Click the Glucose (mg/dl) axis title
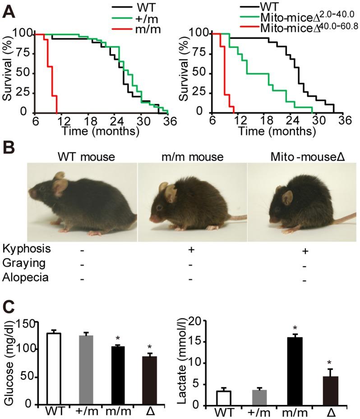tap(9, 361)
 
